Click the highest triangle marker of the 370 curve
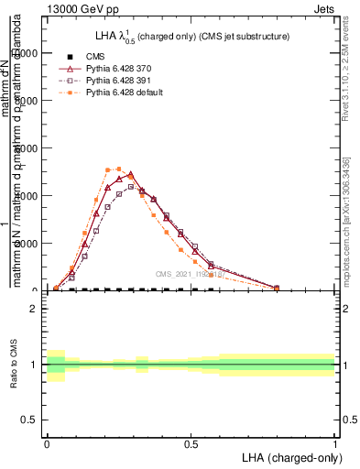(x=130, y=174)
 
